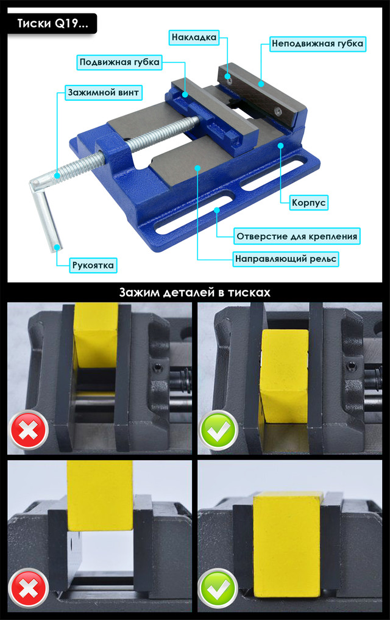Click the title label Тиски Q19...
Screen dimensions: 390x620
coord(52,24)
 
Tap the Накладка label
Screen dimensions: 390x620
coord(194,38)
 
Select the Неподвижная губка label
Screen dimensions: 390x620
coord(317,43)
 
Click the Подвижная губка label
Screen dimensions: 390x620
coord(119,62)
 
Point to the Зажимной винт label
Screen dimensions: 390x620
coord(104,93)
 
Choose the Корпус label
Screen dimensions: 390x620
coord(309,203)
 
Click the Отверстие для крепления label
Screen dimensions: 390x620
coord(297,236)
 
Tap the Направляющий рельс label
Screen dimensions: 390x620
coord(286,259)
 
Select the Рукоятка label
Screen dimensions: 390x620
coord(93,265)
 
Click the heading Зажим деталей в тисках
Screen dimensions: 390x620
coord(195,292)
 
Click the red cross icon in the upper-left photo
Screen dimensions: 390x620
coord(29,430)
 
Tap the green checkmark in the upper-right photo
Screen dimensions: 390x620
coord(218,430)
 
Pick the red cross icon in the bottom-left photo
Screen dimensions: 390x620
coord(29,588)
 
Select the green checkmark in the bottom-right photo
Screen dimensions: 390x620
coord(218,588)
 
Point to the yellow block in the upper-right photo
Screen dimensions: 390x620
coord(284,378)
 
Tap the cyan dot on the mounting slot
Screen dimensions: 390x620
coord(217,210)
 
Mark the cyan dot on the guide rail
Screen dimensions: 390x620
coord(197,168)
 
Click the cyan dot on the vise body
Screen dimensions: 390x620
coord(280,145)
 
